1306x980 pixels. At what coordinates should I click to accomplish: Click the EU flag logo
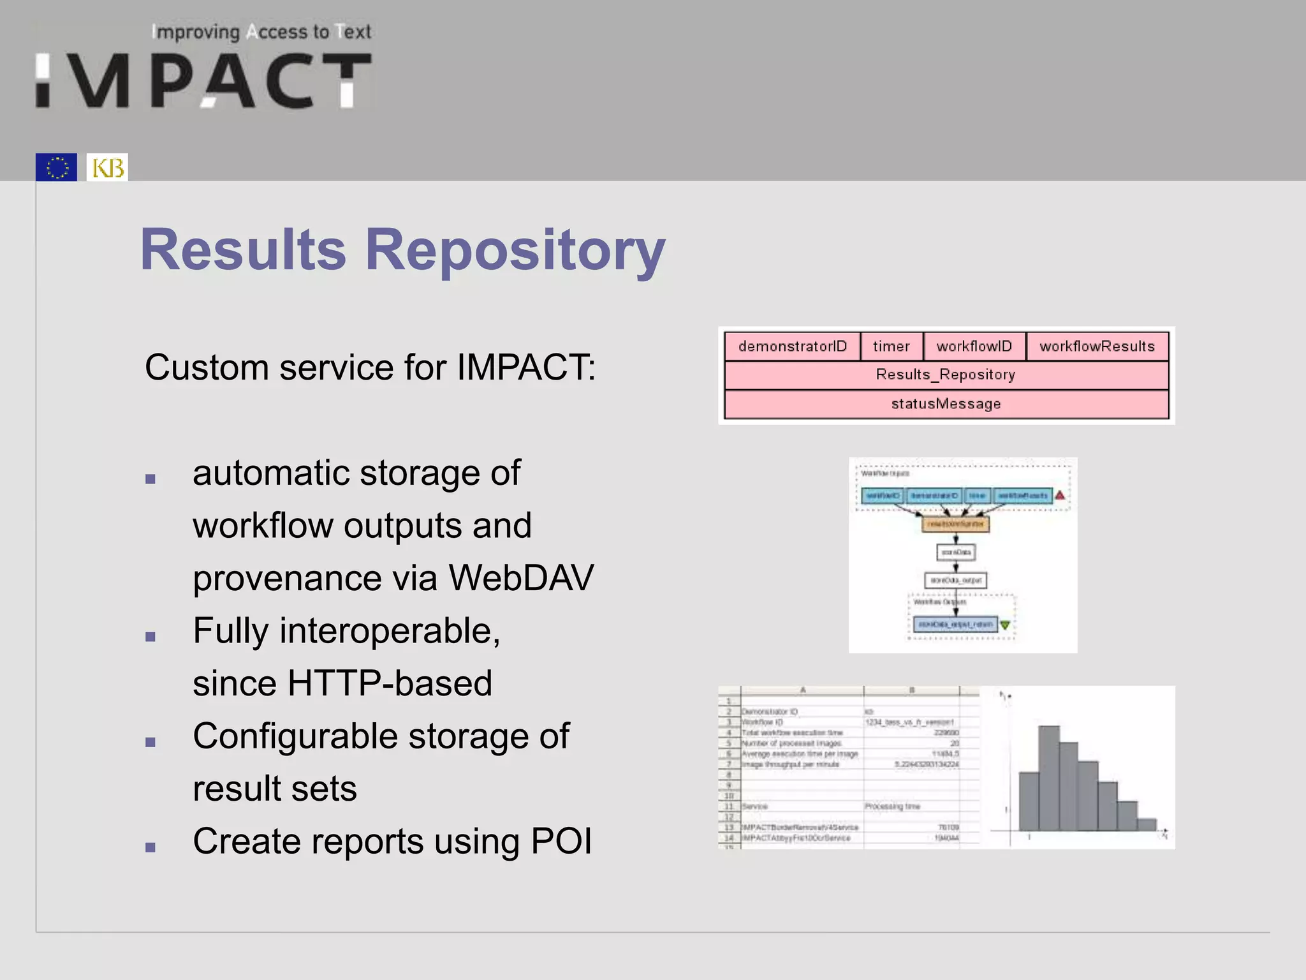[56, 167]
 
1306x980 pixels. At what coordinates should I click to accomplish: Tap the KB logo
[107, 167]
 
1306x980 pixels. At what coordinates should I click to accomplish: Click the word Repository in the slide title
[515, 250]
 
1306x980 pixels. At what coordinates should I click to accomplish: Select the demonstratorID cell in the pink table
[792, 346]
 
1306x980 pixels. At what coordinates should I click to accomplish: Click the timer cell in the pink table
[891, 346]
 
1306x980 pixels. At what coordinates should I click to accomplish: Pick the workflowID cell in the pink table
[974, 346]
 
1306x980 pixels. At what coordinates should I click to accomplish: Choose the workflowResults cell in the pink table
[1097, 346]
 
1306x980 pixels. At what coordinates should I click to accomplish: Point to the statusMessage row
[946, 404]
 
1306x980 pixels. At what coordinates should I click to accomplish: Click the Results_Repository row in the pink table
[946, 375]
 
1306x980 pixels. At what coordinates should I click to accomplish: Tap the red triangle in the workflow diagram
[1060, 495]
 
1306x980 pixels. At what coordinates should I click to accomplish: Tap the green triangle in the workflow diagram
[1005, 625]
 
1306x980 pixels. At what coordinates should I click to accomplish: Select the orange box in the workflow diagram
[955, 524]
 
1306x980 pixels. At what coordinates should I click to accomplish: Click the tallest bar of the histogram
[1049, 778]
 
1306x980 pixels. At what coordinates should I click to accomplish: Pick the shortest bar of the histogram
[1147, 824]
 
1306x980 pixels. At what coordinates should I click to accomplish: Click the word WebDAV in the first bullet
[521, 578]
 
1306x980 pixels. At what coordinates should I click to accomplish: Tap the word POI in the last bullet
[561, 842]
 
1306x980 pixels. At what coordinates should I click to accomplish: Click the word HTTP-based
[390, 683]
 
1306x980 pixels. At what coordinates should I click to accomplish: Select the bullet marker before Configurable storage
[150, 742]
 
